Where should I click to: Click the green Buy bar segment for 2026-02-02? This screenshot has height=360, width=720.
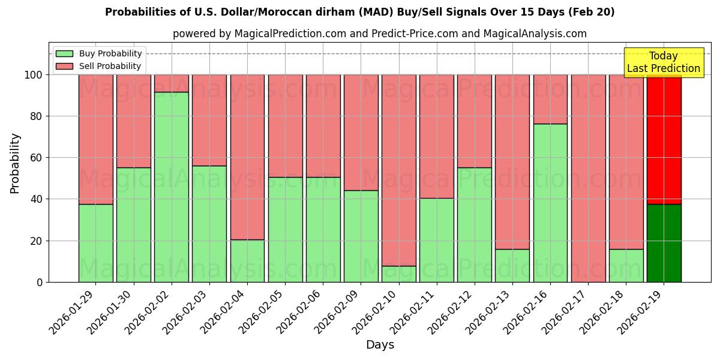(172, 187)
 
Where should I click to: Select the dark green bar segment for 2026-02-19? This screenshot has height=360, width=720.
(664, 243)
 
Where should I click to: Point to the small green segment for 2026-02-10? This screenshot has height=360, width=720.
(398, 274)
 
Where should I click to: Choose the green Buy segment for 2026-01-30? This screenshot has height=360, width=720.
(133, 224)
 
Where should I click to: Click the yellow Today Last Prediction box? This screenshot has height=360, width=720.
(663, 62)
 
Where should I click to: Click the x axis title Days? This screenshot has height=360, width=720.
(380, 345)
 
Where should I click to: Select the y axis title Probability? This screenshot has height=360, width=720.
(15, 163)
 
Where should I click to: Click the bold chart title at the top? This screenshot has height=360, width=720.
(359, 12)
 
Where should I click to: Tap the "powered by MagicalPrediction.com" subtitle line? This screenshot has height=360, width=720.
(379, 34)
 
